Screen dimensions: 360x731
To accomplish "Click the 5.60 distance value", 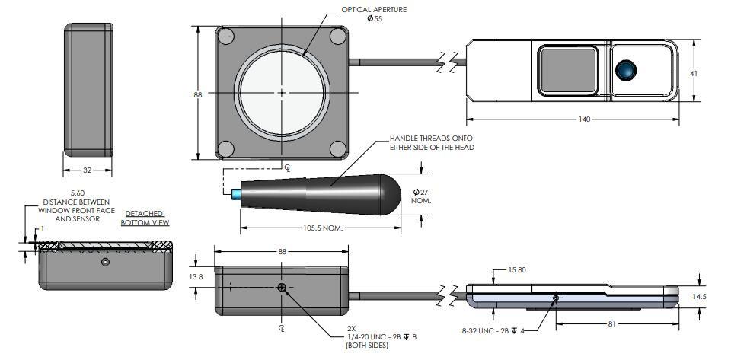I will tap(77, 194).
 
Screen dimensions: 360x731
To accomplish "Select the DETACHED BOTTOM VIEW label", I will tap(143, 218).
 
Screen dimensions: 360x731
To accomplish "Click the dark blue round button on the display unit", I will tap(627, 70).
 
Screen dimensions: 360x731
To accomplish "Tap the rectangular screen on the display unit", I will tap(569, 71).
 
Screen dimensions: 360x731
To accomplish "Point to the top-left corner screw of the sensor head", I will tap(225, 36).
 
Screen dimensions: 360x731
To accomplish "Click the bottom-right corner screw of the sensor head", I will tap(339, 148).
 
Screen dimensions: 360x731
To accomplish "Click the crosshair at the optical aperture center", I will tap(282, 93).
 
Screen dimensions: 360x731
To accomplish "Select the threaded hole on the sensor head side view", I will tap(283, 288).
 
